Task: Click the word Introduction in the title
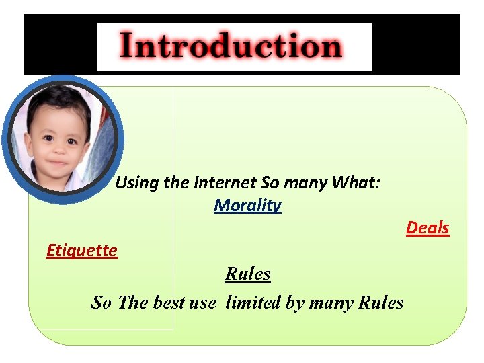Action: (x=231, y=47)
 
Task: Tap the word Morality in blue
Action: (x=247, y=205)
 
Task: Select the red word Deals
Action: (x=427, y=228)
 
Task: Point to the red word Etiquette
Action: (x=81, y=251)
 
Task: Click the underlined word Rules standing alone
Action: (x=247, y=274)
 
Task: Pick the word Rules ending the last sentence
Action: (x=380, y=302)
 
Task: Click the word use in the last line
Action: (x=202, y=302)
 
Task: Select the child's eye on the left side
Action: (x=48, y=139)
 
